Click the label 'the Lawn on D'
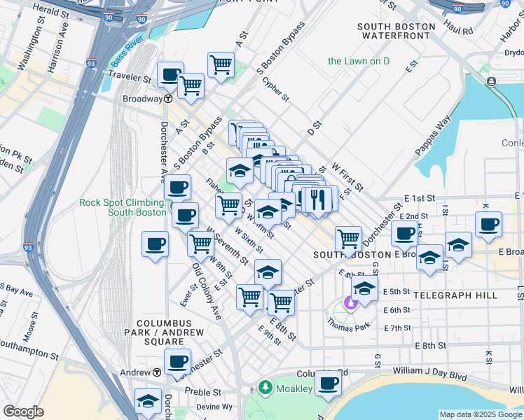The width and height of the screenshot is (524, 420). click(359, 61)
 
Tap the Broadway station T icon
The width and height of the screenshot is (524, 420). click(169, 99)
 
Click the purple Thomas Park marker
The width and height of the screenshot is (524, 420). click(349, 304)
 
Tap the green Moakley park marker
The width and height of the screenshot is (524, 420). click(264, 386)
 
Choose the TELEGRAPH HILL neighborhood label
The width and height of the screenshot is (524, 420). click(455, 295)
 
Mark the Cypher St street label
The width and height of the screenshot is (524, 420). click(275, 89)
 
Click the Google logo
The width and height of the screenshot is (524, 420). click(23, 412)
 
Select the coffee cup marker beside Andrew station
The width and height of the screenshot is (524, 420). click(177, 362)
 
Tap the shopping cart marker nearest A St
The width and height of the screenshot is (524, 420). click(221, 65)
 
